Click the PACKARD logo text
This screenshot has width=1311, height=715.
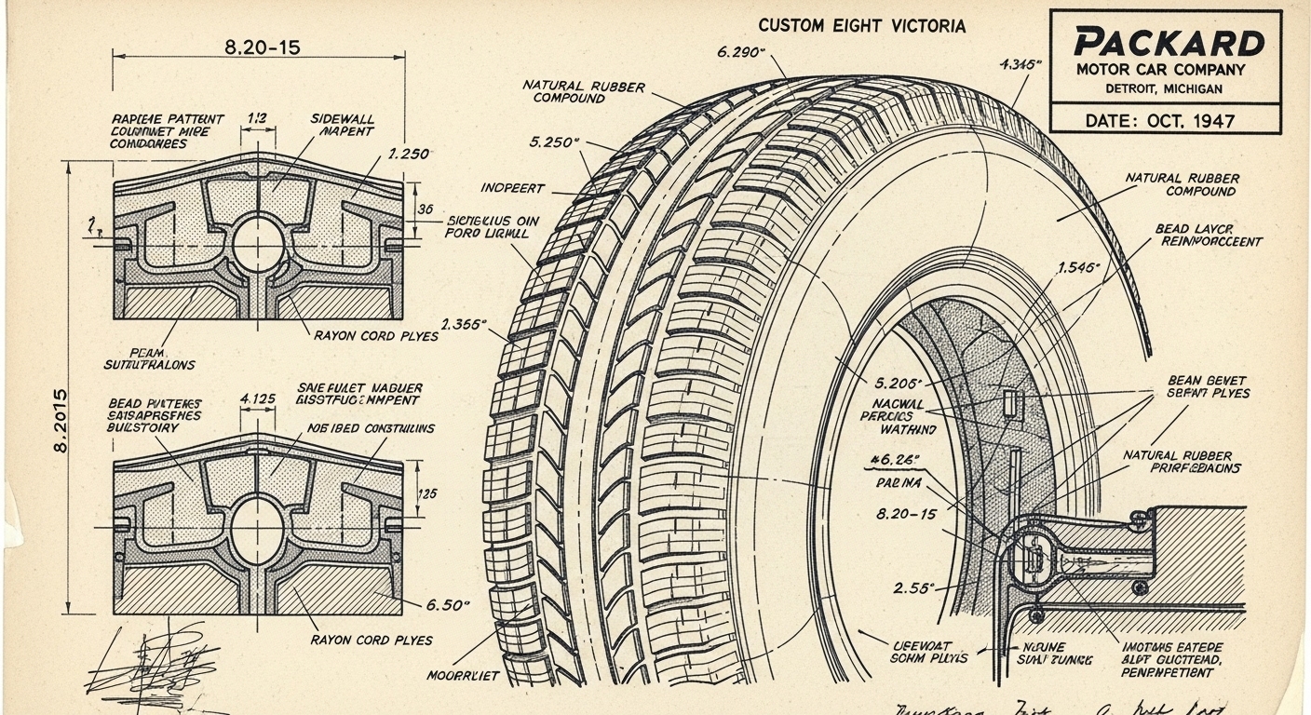tap(1169, 43)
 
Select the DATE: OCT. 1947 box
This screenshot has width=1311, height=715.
tap(1165, 120)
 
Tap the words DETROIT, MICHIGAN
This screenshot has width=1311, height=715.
tap(1164, 88)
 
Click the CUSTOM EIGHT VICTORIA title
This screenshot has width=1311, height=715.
tap(862, 26)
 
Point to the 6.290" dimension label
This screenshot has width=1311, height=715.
tap(741, 52)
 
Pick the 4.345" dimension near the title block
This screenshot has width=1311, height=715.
tap(1020, 65)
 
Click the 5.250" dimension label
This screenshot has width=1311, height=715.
tap(554, 142)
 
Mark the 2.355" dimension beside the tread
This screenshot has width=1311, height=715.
tap(464, 325)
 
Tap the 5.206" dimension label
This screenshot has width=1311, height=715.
tap(899, 383)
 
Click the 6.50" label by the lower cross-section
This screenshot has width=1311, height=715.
tap(449, 605)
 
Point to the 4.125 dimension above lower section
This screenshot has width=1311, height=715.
tap(257, 399)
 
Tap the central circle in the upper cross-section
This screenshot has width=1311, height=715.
tap(258, 244)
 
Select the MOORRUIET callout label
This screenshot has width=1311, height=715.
tap(463, 675)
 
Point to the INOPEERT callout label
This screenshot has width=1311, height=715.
tap(512, 188)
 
